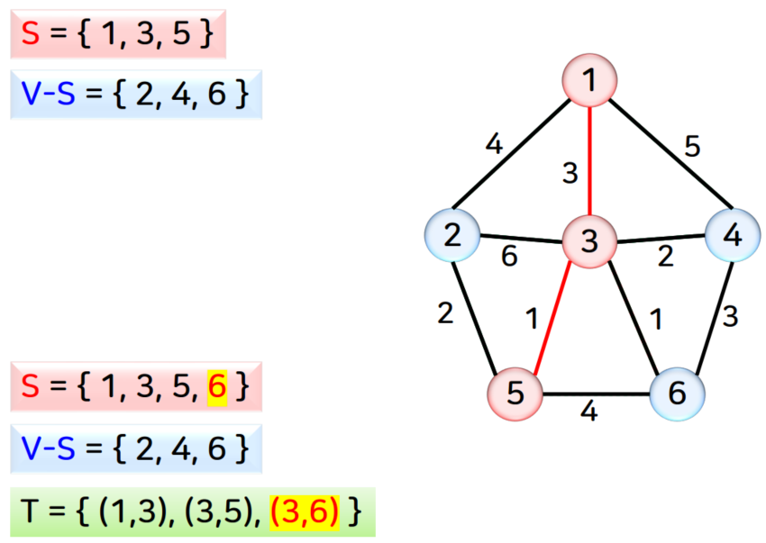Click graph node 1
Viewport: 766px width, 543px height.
589,80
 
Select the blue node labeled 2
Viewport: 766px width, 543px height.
451,236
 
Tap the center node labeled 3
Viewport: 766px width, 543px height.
589,241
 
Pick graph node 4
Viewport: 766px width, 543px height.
732,236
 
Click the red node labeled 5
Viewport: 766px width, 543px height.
514,394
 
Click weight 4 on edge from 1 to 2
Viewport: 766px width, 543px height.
493,143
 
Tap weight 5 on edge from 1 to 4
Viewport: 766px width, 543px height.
692,145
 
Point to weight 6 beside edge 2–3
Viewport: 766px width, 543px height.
509,258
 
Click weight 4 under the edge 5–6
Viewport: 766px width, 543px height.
588,412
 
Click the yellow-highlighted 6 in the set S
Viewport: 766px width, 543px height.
216,387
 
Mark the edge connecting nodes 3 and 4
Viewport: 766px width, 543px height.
658,239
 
